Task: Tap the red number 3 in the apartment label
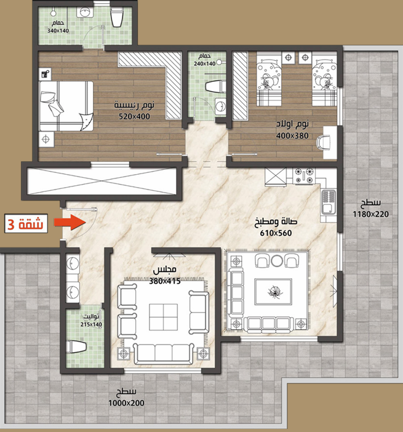10,225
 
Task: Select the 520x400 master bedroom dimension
134,116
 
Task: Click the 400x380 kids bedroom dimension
292,135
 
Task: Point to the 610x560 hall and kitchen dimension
276,233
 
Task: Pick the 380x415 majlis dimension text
165,281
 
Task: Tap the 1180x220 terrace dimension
371,214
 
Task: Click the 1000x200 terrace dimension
126,403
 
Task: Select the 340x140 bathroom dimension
58,31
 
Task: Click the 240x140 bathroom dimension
204,63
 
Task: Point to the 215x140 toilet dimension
91,324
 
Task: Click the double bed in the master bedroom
66,106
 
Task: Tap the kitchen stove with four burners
304,176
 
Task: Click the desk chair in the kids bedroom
323,143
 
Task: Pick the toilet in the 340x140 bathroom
116,17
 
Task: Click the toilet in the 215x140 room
76,346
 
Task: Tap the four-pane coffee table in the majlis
163,317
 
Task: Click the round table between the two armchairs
277,260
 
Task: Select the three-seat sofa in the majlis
164,353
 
